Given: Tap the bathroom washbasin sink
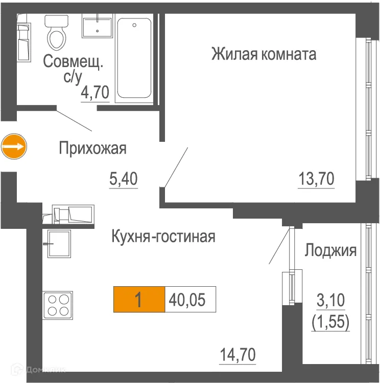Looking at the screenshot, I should tap(97, 26).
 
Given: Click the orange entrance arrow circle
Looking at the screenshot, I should tap(13, 147).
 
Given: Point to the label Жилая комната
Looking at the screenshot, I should tap(264, 54).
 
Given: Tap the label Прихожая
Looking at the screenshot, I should tap(92, 149).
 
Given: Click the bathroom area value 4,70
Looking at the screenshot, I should tap(96, 93).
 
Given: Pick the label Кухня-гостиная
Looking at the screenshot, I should tap(163, 237).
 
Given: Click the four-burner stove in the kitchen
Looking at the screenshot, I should tap(58, 304).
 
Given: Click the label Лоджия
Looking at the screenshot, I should tap(330, 250).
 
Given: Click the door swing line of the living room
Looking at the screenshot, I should tap(176, 166).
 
